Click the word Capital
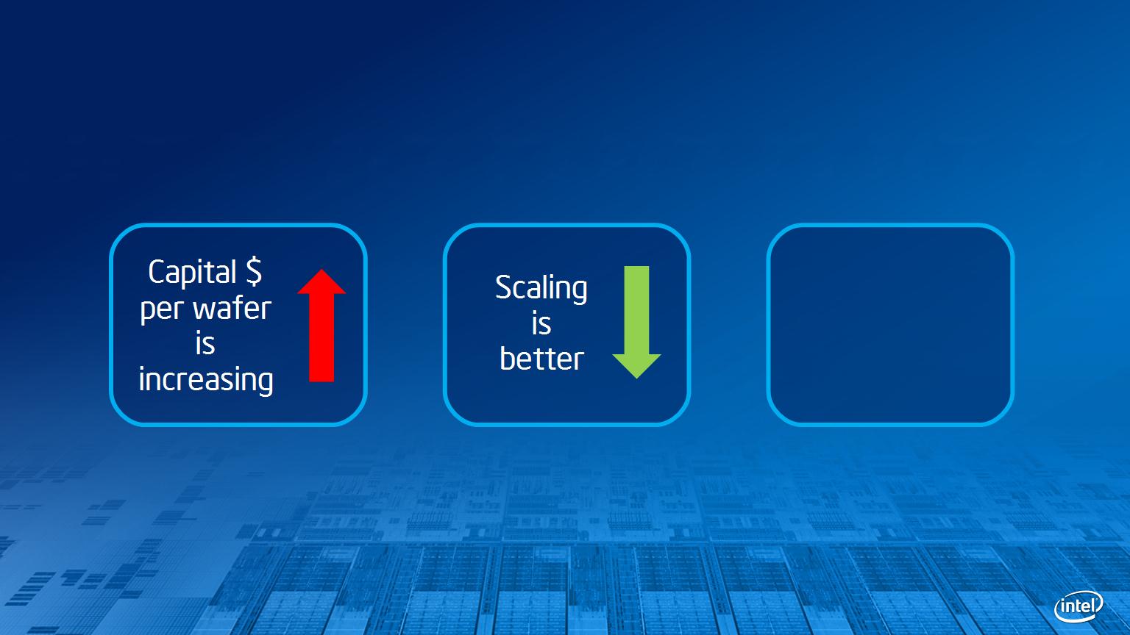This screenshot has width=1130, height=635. tap(192, 273)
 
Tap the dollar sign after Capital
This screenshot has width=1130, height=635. tap(254, 271)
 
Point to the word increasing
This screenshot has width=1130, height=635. tap(206, 380)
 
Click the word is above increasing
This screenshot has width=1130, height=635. tap(205, 344)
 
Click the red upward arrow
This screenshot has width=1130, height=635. tap(321, 326)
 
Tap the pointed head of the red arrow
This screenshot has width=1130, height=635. tap(321, 270)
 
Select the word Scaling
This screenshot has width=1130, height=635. tap(541, 289)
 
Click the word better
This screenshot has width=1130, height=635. tap(541, 359)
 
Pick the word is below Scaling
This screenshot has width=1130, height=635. tap(541, 323)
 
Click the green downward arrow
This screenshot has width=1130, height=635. tap(636, 322)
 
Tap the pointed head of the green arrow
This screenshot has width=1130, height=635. tap(636, 376)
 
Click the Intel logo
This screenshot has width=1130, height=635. tap(1079, 606)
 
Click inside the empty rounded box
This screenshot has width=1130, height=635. tap(890, 325)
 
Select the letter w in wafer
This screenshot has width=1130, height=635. tap(206, 309)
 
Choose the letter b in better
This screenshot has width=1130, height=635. tap(508, 359)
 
